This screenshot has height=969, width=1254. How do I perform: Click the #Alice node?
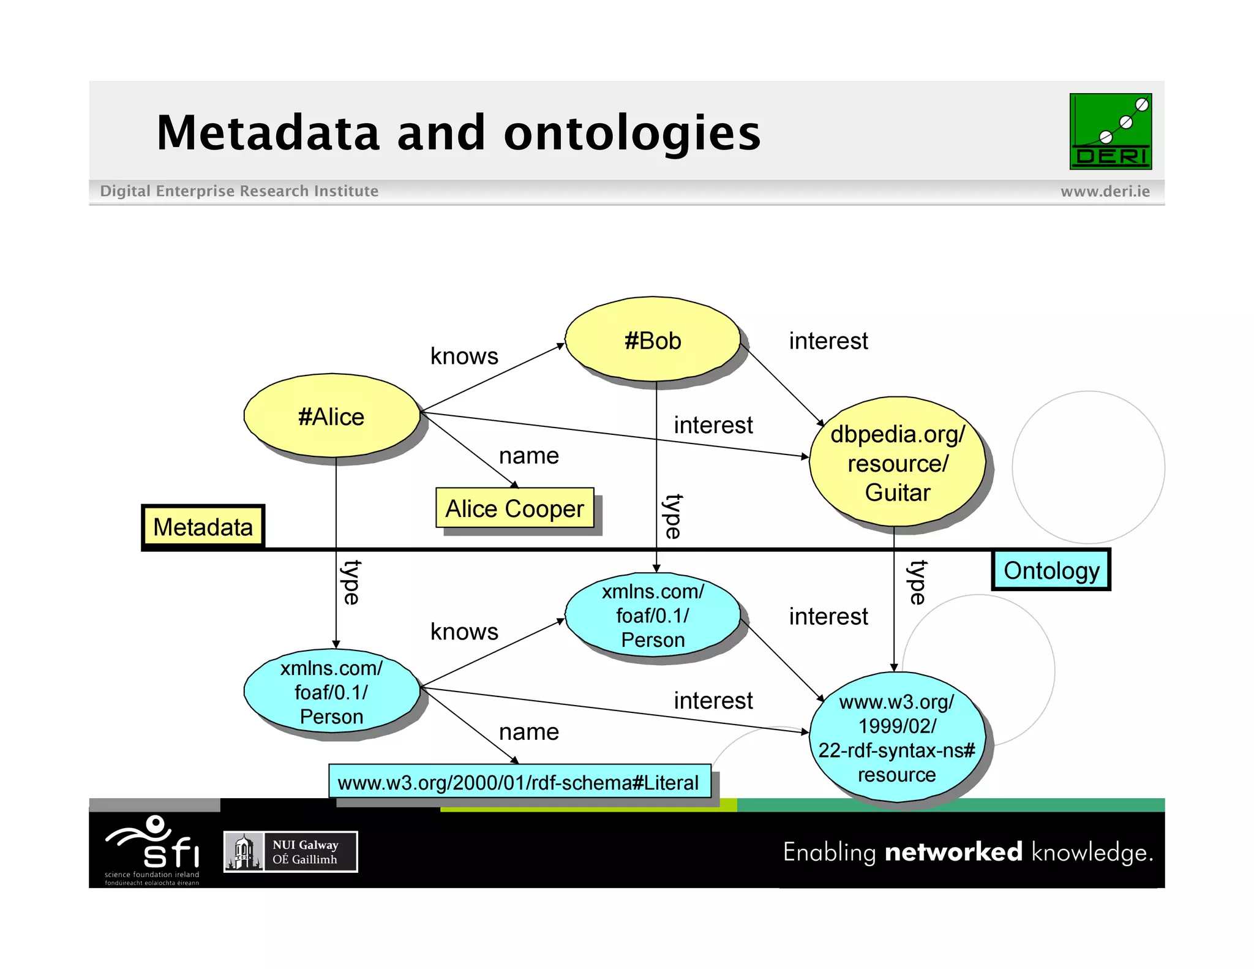(331, 416)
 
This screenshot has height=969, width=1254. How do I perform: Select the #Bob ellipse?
(653, 340)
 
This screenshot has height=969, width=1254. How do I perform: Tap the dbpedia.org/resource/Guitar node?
(897, 462)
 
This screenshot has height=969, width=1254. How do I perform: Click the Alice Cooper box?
(514, 508)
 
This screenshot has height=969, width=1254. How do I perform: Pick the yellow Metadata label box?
(203, 526)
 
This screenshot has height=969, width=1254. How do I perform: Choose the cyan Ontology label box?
(1051, 570)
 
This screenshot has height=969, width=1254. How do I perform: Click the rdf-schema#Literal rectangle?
(519, 782)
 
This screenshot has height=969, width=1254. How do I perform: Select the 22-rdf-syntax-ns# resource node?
(897, 737)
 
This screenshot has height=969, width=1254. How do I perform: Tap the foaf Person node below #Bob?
(653, 615)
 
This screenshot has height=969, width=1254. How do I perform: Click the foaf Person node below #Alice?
(331, 692)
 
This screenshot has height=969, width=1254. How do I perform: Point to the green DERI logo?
(1110, 131)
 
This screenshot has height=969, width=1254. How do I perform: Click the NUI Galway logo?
(290, 851)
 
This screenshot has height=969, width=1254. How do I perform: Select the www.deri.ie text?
(1105, 191)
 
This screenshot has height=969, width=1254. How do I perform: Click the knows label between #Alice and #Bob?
(464, 356)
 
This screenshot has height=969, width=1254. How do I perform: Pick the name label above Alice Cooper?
(529, 456)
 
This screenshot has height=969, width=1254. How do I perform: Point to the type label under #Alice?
(351, 582)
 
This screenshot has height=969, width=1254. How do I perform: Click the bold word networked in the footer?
(953, 852)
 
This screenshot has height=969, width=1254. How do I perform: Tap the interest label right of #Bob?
(828, 341)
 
